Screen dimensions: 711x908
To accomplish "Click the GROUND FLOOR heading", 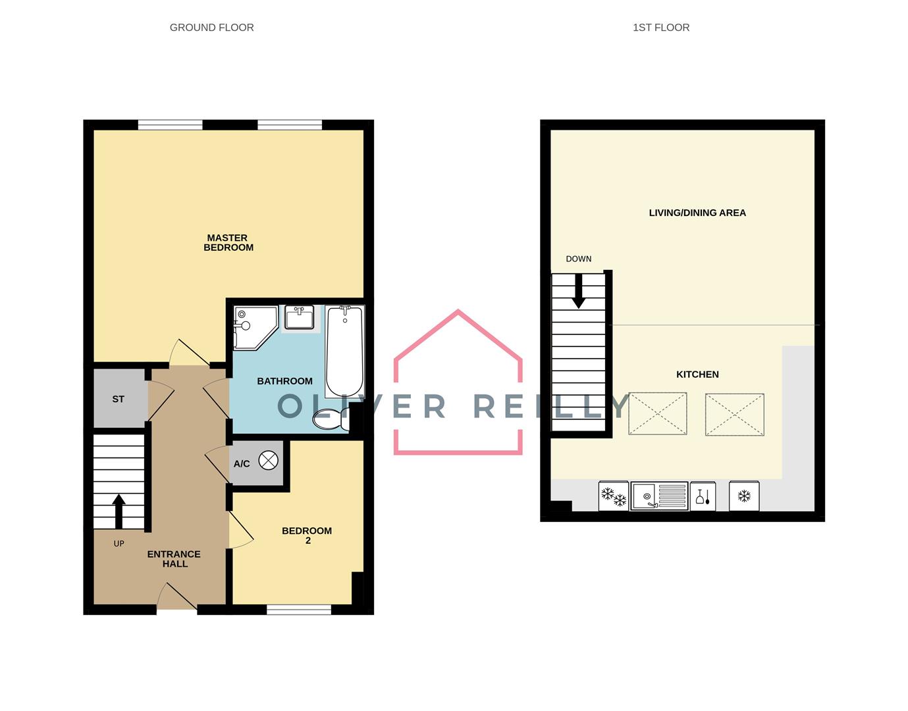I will click(x=211, y=28).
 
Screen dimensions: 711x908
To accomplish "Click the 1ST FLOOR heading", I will click(x=660, y=28).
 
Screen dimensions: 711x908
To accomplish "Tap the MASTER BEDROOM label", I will click(x=228, y=243).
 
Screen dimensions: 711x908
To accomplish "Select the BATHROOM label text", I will click(x=284, y=381).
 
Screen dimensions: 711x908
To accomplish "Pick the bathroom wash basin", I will click(x=300, y=318).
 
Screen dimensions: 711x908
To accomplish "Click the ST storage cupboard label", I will click(x=119, y=399).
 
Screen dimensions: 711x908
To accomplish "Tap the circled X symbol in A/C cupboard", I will click(x=269, y=461).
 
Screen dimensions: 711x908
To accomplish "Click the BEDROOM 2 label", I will click(x=307, y=535).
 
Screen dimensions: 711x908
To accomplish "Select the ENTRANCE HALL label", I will click(x=174, y=559).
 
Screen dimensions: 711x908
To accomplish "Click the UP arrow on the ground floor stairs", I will click(x=119, y=511).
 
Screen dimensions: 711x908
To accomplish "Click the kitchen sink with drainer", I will click(x=659, y=496).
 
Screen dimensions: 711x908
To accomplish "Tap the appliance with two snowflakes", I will click(x=614, y=496).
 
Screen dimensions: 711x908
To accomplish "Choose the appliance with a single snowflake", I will click(x=744, y=496).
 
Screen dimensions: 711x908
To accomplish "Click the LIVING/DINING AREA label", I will click(x=697, y=213).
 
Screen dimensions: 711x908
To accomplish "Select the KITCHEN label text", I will click(x=697, y=375).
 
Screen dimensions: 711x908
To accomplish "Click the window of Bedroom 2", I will click(x=299, y=610).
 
